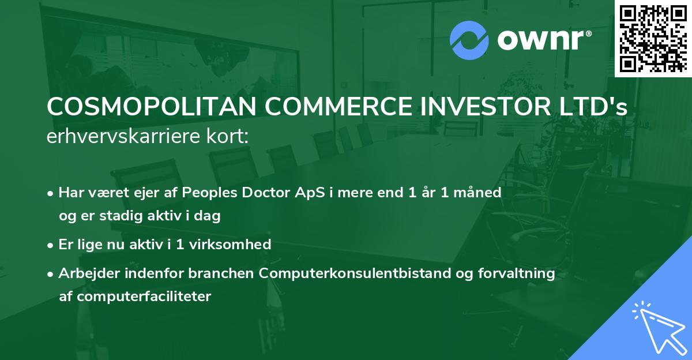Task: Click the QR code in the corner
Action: [x=653, y=38]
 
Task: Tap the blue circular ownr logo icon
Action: [x=469, y=40]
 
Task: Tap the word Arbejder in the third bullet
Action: [x=85, y=273]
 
